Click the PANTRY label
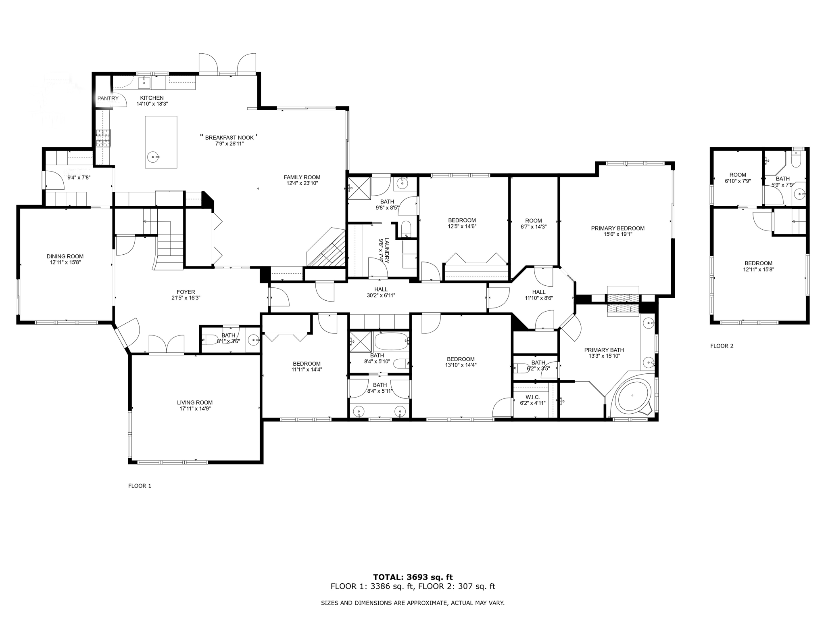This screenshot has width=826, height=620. [108, 98]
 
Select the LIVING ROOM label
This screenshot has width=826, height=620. [194, 402]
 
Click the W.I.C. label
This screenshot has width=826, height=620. [532, 397]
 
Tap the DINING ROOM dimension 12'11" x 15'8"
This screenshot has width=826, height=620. [65, 262]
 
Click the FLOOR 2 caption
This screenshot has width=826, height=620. [722, 346]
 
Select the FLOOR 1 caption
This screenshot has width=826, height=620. [140, 486]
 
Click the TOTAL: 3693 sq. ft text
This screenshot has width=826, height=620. [413, 577]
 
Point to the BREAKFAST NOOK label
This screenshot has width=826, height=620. [229, 138]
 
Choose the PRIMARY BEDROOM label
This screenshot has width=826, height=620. [617, 228]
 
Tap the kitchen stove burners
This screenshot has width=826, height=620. [103, 138]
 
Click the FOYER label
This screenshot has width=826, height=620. [186, 292]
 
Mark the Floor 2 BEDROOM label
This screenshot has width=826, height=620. [758, 263]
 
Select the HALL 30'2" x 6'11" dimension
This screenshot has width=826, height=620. [381, 295]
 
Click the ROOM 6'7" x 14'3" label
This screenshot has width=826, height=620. [533, 221]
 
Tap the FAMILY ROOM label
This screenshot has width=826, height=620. [302, 177]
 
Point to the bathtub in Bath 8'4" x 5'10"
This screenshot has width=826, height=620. [391, 341]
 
